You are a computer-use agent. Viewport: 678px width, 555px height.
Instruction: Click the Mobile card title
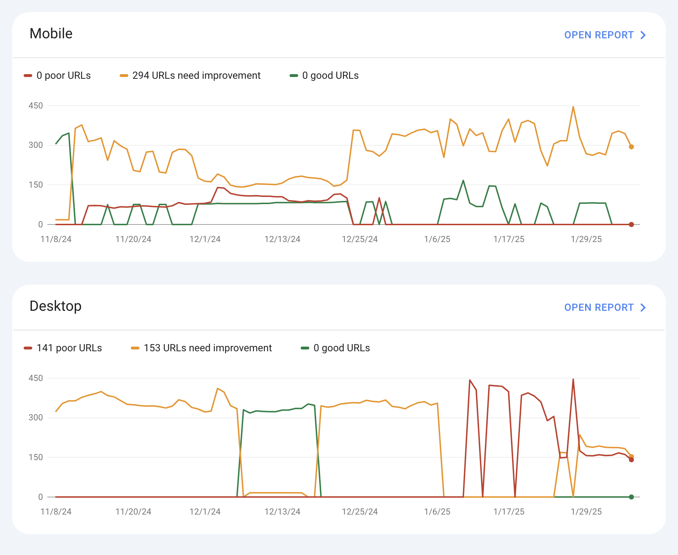coord(51,34)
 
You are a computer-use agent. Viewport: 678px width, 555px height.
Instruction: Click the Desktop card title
coord(56,306)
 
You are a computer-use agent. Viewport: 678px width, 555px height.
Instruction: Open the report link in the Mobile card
coord(605,35)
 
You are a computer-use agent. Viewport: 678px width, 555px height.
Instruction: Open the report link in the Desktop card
coord(605,308)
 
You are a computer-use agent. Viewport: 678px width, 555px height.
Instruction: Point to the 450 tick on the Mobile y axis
coord(35,106)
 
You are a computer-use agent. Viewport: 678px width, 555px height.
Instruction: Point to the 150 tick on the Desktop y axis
coord(35,457)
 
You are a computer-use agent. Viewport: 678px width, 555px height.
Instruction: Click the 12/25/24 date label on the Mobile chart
coord(360,239)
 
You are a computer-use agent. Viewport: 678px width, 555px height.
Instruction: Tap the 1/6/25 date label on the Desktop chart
coord(437,512)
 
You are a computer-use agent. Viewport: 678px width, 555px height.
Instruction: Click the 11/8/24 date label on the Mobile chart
coord(56,239)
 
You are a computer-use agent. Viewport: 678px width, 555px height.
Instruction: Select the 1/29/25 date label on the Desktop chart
coord(586,512)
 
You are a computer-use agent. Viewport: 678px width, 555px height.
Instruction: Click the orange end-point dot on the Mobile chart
coord(631,147)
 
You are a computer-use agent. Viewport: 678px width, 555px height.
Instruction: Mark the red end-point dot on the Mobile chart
coord(631,225)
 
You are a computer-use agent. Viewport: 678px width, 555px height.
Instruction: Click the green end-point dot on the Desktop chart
coord(631,497)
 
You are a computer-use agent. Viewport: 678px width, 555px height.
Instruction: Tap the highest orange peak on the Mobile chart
coord(573,107)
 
